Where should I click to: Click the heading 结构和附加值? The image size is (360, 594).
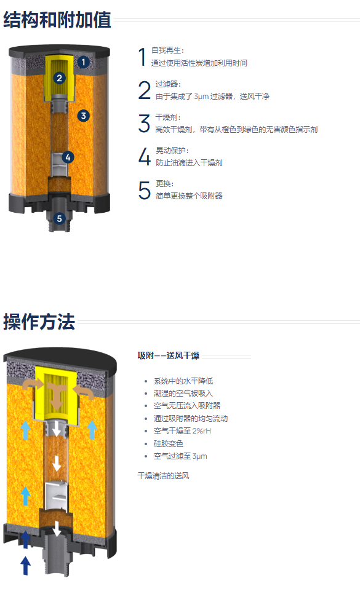(x=57, y=19)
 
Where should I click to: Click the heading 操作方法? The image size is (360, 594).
(x=39, y=322)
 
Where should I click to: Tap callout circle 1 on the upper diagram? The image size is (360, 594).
(x=83, y=62)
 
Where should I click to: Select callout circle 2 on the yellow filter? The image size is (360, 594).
(x=59, y=78)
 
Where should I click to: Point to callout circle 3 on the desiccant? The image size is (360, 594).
(x=83, y=116)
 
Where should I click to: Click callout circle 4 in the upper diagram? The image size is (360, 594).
(x=68, y=157)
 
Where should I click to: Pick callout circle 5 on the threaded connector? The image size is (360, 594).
(x=59, y=218)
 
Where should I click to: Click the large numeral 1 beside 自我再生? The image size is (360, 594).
(x=142, y=57)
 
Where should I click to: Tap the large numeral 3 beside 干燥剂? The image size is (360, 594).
(x=144, y=124)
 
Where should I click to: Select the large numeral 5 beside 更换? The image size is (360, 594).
(x=145, y=190)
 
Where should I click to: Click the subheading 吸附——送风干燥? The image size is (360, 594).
(x=168, y=355)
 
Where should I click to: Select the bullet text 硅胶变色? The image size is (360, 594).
(x=168, y=443)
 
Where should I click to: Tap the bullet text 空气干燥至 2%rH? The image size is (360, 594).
(x=182, y=430)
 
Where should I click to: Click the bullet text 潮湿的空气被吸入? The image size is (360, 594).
(x=183, y=393)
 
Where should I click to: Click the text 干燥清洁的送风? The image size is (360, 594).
(x=163, y=475)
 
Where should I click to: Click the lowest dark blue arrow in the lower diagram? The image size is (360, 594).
(x=25, y=566)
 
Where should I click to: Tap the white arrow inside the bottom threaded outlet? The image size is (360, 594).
(x=57, y=529)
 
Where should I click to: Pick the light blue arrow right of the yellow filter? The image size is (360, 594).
(x=92, y=430)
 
